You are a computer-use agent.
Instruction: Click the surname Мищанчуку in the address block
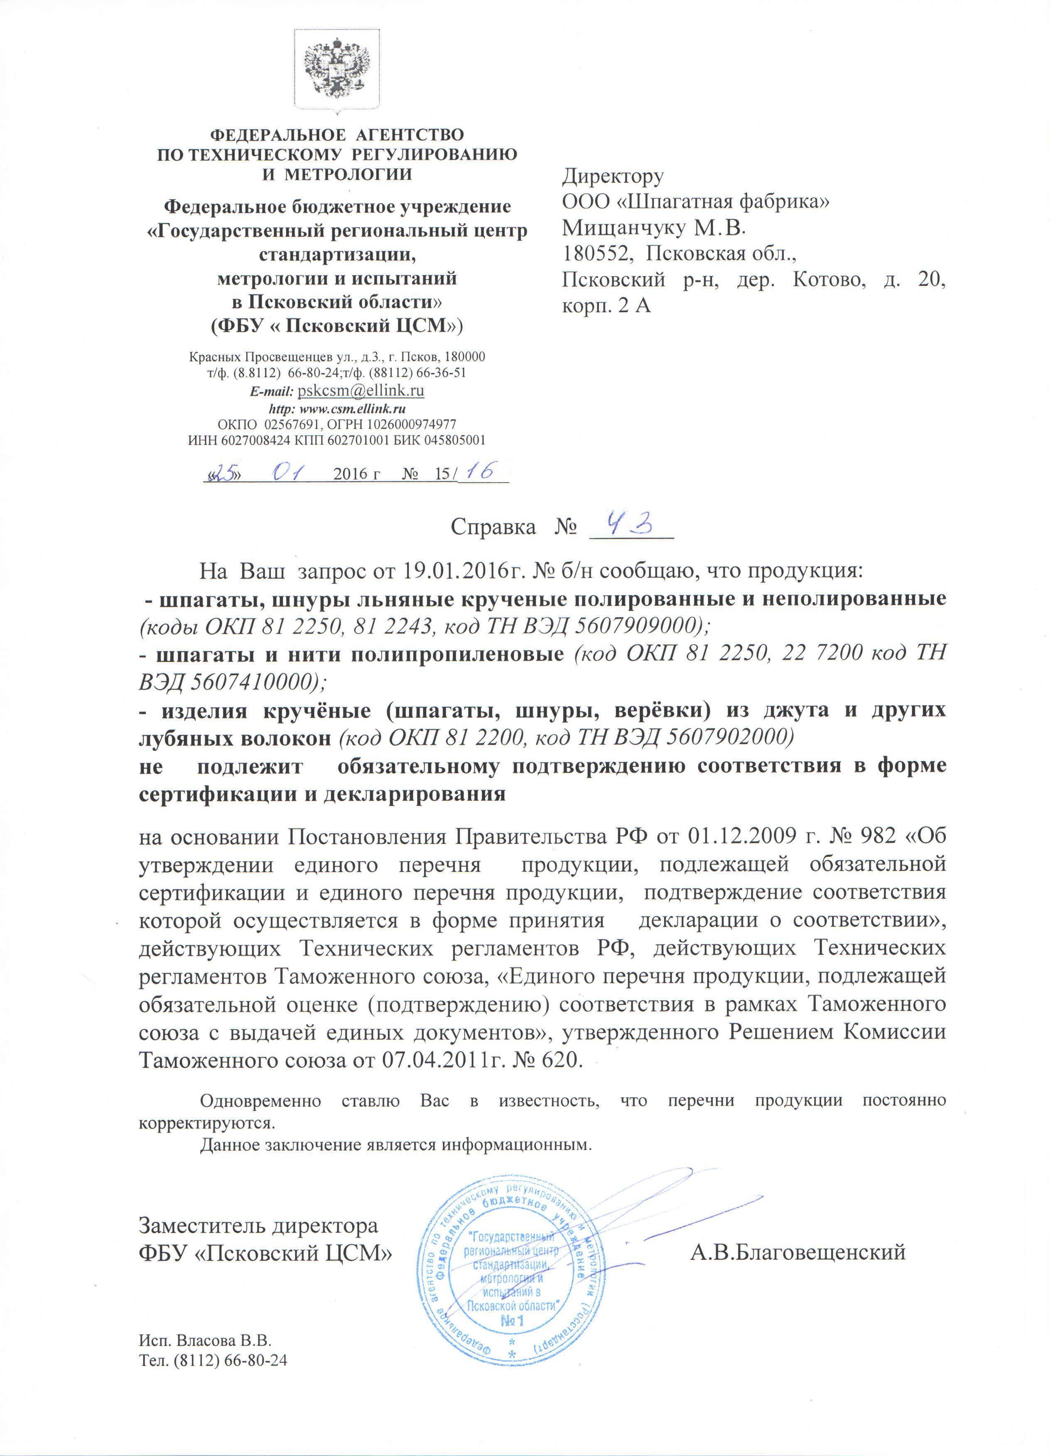(x=625, y=228)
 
